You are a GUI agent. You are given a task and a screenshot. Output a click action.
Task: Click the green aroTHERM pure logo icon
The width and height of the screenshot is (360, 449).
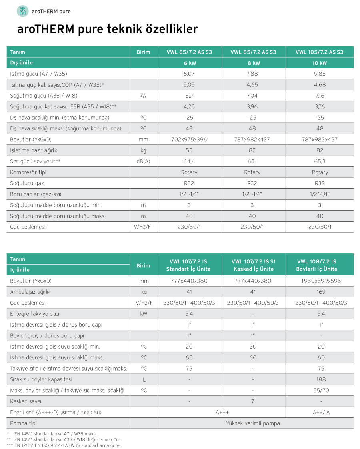[x=22, y=11]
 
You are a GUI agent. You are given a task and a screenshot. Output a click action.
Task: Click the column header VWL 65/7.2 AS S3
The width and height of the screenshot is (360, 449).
[x=189, y=52]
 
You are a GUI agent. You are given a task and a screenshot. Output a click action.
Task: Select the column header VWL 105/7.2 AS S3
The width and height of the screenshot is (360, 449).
[x=319, y=52]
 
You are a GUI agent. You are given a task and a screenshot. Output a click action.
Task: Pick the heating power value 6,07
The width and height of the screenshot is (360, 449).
[x=189, y=74]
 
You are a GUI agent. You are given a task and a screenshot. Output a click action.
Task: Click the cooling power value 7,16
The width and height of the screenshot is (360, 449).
[x=320, y=96]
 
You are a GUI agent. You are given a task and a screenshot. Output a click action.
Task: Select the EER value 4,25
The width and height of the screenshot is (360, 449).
[x=189, y=107]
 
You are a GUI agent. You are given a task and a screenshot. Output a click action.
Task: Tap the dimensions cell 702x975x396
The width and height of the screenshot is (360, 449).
[x=189, y=140]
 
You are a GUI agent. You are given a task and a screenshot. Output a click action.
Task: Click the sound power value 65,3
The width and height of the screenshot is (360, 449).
[x=320, y=161]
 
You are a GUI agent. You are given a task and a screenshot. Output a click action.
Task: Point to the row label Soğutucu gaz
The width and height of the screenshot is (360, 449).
[x=27, y=183]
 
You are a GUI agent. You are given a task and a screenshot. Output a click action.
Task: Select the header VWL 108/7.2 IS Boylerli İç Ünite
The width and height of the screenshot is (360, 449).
[x=319, y=265]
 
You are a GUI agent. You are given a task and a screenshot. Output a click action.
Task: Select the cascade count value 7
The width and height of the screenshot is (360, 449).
[x=253, y=401]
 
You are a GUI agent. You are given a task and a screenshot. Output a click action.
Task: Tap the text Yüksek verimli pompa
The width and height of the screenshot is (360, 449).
[x=253, y=423]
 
